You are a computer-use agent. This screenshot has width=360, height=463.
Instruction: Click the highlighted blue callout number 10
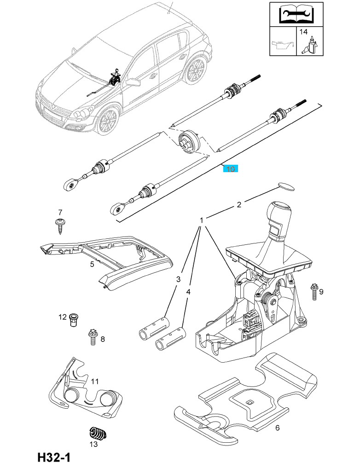[x=230, y=169]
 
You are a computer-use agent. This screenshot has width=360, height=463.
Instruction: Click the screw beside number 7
[x=60, y=227]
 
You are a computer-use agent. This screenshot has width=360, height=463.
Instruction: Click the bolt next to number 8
[x=92, y=336]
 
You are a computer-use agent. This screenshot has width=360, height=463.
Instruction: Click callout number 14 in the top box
[x=303, y=32]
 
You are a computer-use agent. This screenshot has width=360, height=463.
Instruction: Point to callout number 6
[x=278, y=428]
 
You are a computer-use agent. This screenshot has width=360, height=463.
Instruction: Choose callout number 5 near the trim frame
[x=92, y=264]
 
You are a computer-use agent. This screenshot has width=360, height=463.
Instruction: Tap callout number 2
[x=239, y=205]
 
